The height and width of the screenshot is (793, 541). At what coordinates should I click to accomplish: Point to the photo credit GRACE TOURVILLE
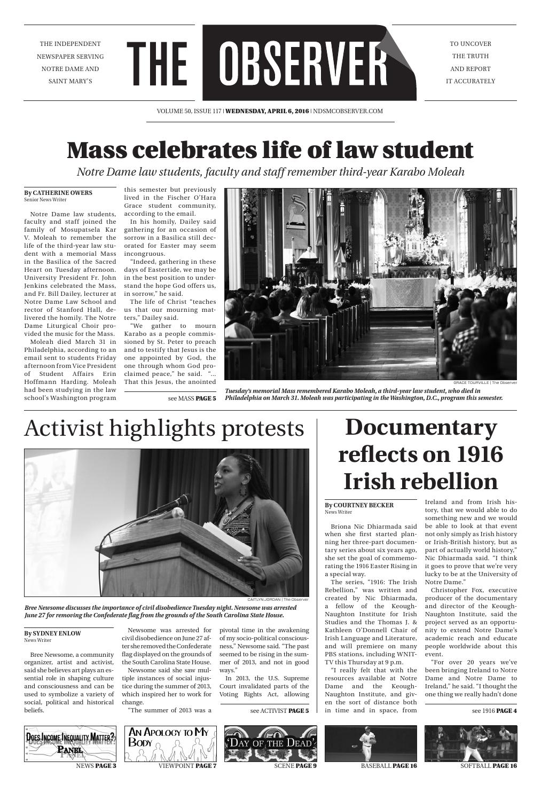[471, 382]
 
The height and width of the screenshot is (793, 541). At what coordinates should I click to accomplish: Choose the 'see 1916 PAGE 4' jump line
[494, 711]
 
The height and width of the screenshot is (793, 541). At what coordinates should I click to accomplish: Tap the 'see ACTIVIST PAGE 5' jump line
[279, 711]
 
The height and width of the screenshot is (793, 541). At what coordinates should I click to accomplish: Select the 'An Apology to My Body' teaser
[170, 743]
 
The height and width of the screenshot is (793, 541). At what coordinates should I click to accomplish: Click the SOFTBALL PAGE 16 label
[488, 766]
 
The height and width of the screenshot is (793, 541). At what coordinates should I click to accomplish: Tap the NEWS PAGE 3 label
[96, 766]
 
